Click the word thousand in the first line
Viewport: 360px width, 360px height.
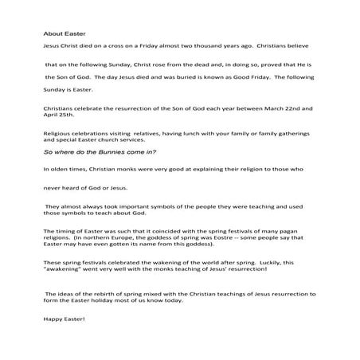211,49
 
